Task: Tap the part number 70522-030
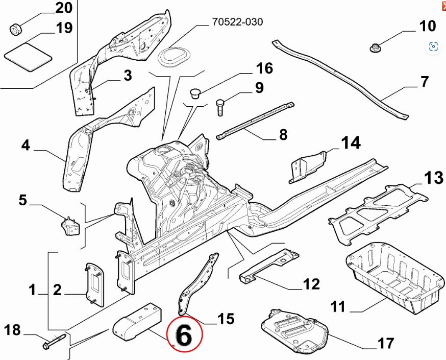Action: click(237, 22)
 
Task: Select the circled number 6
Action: click(184, 336)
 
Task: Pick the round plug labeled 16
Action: click(195, 93)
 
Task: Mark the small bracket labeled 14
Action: click(308, 165)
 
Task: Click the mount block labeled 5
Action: click(71, 226)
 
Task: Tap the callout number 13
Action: click(434, 178)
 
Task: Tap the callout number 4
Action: click(26, 146)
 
